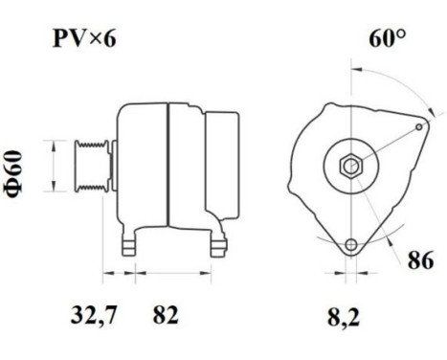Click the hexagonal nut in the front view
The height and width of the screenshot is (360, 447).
[351, 165]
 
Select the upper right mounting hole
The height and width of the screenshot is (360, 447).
[421, 125]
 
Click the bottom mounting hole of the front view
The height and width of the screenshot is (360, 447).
[352, 245]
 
